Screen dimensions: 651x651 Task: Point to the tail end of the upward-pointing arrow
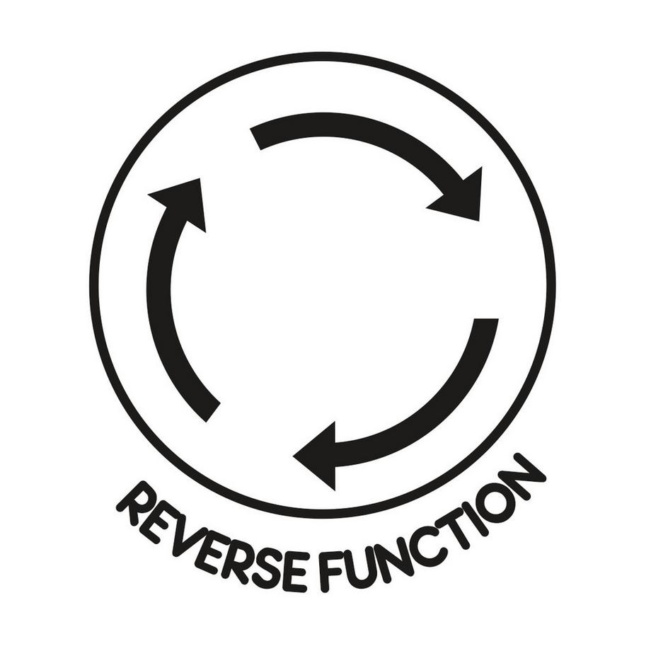(213, 413)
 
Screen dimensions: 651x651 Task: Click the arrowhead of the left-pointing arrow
(319, 456)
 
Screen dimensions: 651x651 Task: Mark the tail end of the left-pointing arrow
(486, 319)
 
